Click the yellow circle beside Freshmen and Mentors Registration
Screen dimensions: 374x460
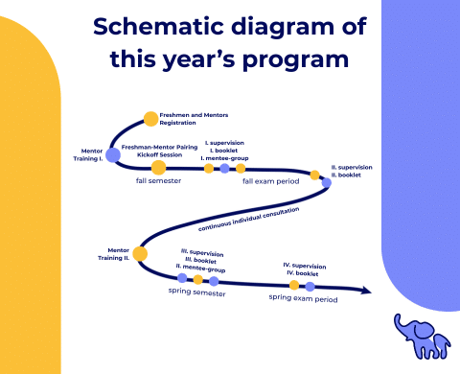(150, 119)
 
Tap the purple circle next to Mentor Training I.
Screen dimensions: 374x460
(112, 154)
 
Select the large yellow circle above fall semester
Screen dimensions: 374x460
(158, 168)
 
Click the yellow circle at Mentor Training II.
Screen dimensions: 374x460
(139, 254)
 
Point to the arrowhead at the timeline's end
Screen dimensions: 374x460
(366, 290)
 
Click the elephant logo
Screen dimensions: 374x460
(421, 336)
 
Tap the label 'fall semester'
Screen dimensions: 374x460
(158, 181)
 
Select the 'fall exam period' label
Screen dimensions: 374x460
(270, 181)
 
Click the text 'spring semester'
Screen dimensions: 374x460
(197, 293)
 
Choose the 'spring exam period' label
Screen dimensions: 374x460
(303, 298)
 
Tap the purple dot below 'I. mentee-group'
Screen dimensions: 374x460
(224, 169)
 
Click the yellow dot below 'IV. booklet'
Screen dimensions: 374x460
(294, 284)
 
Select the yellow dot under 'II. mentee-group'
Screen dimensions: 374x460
(197, 280)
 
